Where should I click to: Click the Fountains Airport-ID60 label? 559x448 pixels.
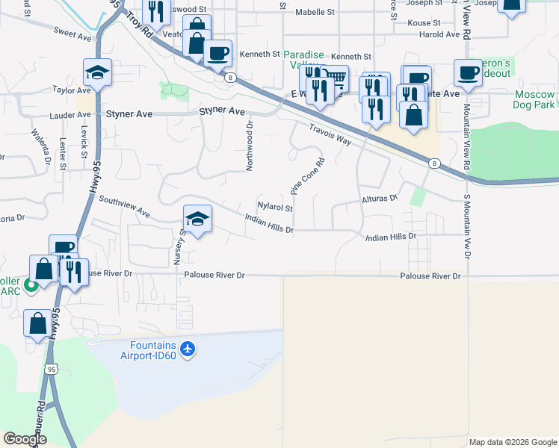point(152,355)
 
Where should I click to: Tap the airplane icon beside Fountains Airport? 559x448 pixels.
point(188,348)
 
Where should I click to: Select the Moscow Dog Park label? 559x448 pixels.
point(535,99)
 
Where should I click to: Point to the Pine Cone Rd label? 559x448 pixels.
point(309,177)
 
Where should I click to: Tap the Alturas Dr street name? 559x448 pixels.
point(380,199)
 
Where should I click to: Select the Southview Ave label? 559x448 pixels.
point(124,208)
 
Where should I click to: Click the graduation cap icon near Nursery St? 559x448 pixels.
point(197,219)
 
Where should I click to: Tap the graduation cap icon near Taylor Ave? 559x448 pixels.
point(97,72)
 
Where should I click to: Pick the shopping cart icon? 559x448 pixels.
point(336,77)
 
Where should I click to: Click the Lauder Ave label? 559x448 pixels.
point(70,116)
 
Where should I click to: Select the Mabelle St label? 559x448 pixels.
point(315,12)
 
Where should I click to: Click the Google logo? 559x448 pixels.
point(25,439)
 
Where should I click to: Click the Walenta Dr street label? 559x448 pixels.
point(40,146)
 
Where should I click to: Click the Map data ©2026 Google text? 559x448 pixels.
point(512,442)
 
